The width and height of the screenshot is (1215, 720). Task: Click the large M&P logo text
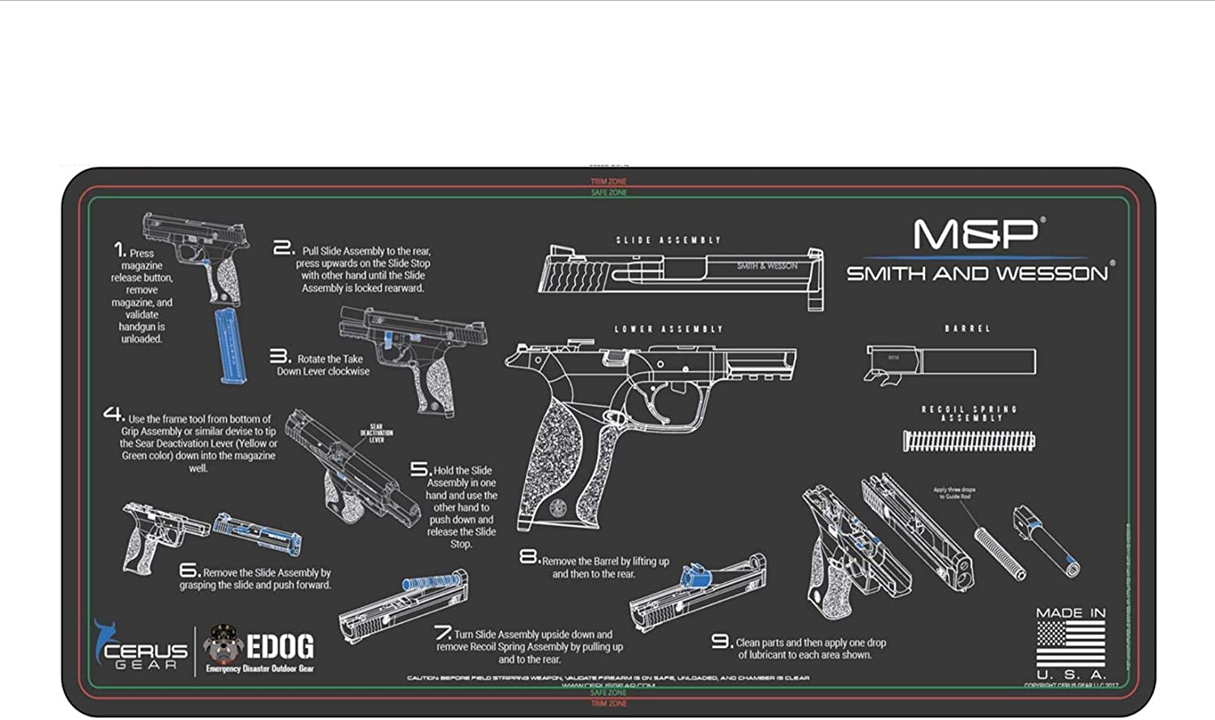(976, 234)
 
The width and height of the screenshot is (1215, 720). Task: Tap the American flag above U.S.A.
(1071, 644)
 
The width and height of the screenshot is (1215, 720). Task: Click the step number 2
(283, 248)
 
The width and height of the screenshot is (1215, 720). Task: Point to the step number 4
(113, 414)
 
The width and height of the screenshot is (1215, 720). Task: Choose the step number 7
(442, 632)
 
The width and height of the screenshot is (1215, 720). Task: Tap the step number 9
(721, 641)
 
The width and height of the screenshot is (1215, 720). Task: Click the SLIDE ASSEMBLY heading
(668, 241)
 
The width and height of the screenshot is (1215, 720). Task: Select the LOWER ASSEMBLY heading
(668, 330)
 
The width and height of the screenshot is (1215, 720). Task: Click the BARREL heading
(968, 329)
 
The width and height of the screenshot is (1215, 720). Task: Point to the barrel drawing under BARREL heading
(951, 361)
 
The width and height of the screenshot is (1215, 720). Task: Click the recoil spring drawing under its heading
(969, 441)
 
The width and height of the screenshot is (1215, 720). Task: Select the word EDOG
(279, 646)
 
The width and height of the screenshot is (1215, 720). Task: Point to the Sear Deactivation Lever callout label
(377, 433)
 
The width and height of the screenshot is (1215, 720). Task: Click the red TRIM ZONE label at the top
(608, 181)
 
